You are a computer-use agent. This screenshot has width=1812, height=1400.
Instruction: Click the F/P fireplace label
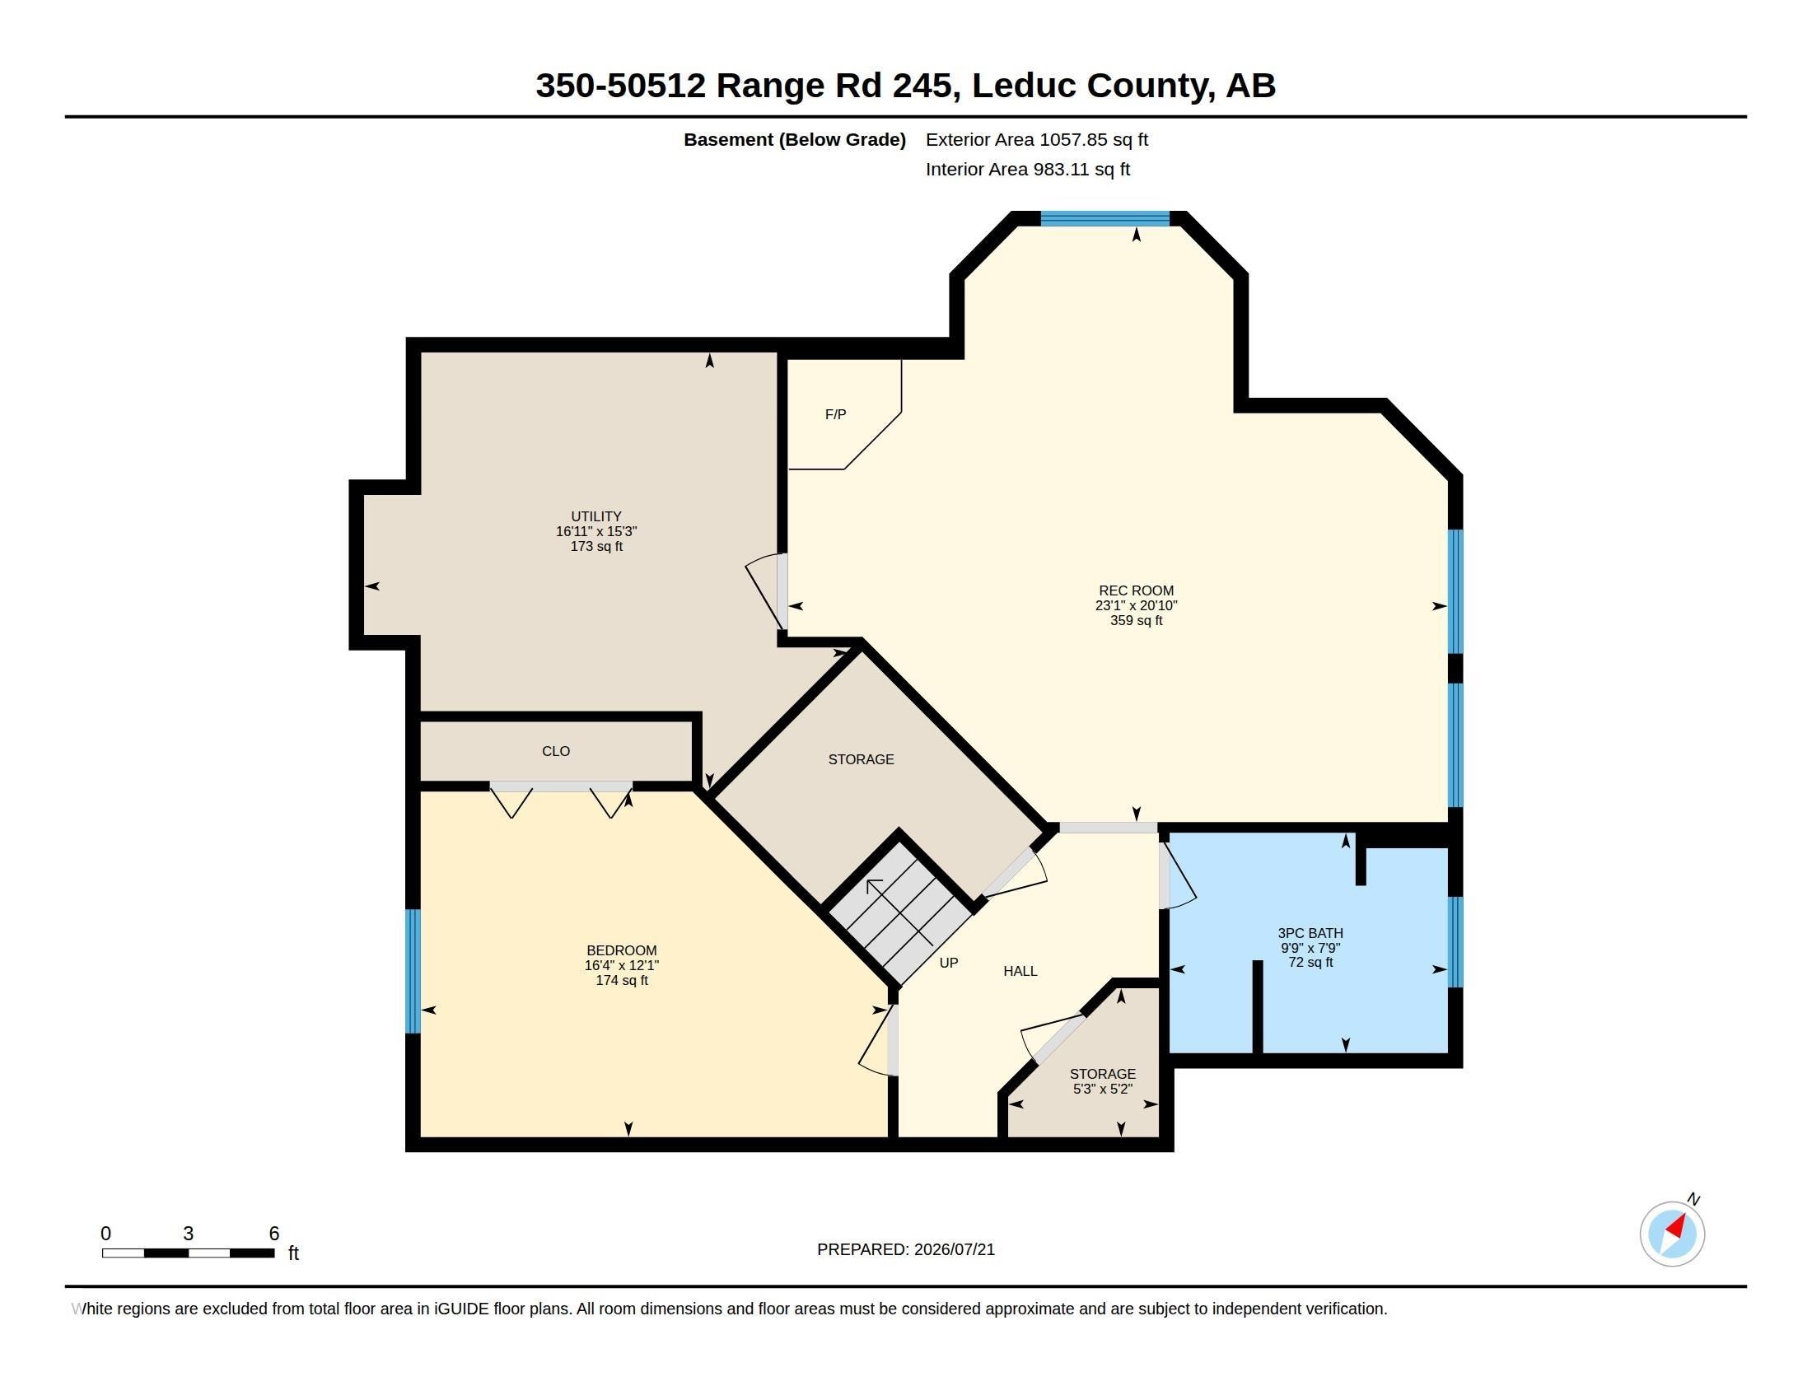pyautogui.click(x=835, y=414)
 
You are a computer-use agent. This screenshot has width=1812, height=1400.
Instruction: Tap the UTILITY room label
pyautogui.click(x=595, y=516)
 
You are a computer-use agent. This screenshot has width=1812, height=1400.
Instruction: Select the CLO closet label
pyautogui.click(x=556, y=750)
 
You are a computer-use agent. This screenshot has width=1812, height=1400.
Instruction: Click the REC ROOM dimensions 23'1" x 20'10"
pyautogui.click(x=1136, y=605)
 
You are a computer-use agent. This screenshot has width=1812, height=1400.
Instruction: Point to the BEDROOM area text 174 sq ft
pyautogui.click(x=621, y=980)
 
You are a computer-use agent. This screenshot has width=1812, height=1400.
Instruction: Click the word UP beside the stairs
pyautogui.click(x=948, y=963)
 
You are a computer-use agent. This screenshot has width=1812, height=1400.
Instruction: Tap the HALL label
pyautogui.click(x=1020, y=971)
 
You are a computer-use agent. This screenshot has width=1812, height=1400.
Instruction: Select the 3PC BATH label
pyautogui.click(x=1310, y=933)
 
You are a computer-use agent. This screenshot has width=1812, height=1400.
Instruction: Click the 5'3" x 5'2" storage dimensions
pyautogui.click(x=1103, y=1089)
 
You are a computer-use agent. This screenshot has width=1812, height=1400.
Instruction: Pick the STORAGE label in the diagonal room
pyautogui.click(x=861, y=759)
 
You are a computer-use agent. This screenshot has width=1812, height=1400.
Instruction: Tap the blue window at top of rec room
pyautogui.click(x=1105, y=219)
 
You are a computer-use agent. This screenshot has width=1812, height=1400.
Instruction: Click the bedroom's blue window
pyautogui.click(x=413, y=971)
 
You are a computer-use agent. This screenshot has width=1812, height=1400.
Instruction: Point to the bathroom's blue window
pyautogui.click(x=1455, y=941)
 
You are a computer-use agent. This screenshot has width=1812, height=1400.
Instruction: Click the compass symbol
pyautogui.click(x=1672, y=1234)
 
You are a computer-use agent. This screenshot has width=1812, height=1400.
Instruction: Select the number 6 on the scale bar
pyautogui.click(x=273, y=1234)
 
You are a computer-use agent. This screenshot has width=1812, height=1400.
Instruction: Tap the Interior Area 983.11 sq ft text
pyautogui.click(x=1027, y=169)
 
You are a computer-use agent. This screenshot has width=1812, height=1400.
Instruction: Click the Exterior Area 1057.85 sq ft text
pyautogui.click(x=1036, y=139)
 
